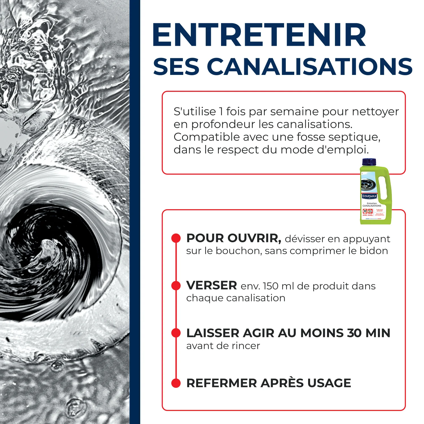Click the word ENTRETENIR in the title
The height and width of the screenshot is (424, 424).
coord(259,35)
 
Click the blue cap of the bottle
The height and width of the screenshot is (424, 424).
coord(369,162)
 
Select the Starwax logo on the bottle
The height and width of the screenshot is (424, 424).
coord(369,196)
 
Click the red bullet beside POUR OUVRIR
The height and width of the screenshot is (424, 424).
coord(176,238)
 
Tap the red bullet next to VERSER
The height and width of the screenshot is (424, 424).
coord(176,285)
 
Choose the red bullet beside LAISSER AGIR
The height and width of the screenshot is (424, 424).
coord(176,333)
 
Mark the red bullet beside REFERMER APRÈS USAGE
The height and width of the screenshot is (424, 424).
coord(176,383)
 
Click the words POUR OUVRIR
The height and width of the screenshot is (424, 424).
coord(233,238)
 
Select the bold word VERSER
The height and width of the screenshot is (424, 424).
coord(211,285)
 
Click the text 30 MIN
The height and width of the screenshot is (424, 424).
coord(369,333)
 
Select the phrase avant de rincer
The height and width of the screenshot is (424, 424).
coord(223,346)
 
